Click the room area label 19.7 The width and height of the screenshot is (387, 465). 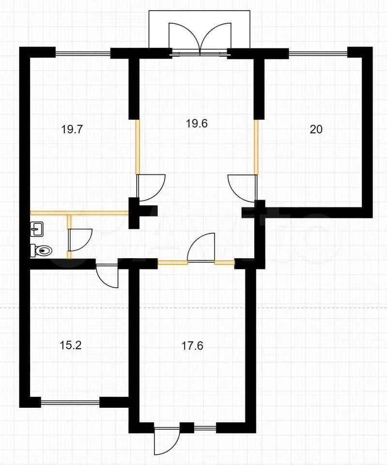(x=72, y=130)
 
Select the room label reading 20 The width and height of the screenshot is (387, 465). (x=316, y=130)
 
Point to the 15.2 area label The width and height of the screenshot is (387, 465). (x=71, y=345)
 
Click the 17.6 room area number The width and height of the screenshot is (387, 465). (x=192, y=346)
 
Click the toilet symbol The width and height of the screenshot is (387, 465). (x=41, y=250)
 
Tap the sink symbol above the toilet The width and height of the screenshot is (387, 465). (x=37, y=229)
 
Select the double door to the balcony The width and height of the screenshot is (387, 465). (x=200, y=39)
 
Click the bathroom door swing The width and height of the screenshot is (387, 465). (x=80, y=240)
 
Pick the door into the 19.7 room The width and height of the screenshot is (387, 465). (x=150, y=187)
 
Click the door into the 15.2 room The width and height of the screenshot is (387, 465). (x=107, y=276)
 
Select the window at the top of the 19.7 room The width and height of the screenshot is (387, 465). (x=83, y=54)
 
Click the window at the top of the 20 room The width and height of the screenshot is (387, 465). (x=318, y=54)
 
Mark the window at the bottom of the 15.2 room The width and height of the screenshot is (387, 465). (x=70, y=402)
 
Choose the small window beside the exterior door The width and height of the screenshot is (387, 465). (x=205, y=427)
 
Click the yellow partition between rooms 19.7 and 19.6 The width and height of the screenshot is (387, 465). (x=138, y=146)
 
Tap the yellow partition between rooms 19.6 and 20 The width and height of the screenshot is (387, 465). (x=256, y=147)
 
